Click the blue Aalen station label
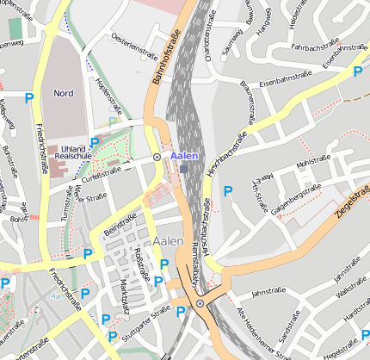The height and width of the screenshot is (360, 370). [x=184, y=155]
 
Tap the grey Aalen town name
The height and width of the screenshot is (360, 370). [x=168, y=242]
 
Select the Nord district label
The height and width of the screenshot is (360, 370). [x=64, y=93]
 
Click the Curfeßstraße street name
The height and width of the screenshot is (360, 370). [x=99, y=171]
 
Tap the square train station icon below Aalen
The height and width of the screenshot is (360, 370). [x=184, y=169]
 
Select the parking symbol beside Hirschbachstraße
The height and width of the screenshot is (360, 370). [x=228, y=191]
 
